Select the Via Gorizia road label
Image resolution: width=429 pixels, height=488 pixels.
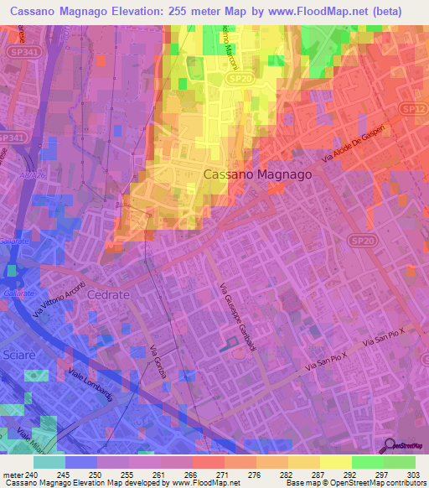157,363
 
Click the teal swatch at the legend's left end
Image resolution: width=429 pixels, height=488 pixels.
49,462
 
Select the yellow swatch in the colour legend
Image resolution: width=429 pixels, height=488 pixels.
336,462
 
